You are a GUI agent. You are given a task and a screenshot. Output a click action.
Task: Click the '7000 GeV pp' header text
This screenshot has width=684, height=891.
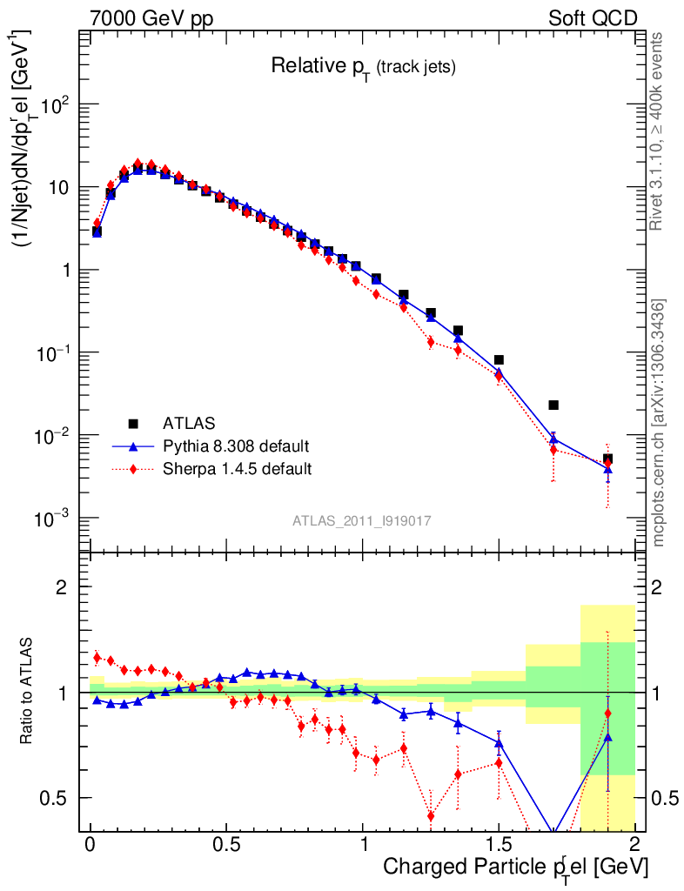pyautogui.click(x=151, y=18)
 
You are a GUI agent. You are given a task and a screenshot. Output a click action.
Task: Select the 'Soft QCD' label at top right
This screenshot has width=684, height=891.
pyautogui.click(x=593, y=18)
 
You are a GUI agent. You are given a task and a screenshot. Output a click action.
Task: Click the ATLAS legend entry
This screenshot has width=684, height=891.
pyautogui.click(x=188, y=424)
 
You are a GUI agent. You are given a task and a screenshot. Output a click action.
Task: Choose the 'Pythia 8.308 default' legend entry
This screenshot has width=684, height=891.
pyautogui.click(x=235, y=446)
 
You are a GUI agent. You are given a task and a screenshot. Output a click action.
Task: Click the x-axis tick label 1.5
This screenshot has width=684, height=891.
pyautogui.click(x=499, y=845)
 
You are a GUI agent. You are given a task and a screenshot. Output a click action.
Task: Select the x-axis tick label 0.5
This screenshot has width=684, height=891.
pyautogui.click(x=227, y=845)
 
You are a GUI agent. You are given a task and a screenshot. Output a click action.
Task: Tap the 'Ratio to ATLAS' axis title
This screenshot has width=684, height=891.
pyautogui.click(x=29, y=691)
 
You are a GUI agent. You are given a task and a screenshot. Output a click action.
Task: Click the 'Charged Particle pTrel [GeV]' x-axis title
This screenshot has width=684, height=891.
pyautogui.click(x=515, y=867)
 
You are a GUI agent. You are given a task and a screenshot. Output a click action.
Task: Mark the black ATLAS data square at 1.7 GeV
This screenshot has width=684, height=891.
pyautogui.click(x=553, y=405)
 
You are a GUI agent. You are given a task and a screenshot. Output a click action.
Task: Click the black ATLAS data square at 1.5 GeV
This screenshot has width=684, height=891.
pyautogui.click(x=499, y=359)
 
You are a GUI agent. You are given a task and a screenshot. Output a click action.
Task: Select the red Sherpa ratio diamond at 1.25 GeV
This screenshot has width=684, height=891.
pyautogui.click(x=431, y=815)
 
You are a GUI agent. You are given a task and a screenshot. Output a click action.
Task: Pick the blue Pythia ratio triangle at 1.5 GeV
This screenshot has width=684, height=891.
pyautogui.click(x=499, y=742)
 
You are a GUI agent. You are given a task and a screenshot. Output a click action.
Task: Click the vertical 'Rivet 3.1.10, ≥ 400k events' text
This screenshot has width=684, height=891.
pyautogui.click(x=658, y=131)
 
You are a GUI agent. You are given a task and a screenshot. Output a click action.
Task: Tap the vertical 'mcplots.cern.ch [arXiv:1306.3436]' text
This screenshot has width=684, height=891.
pyautogui.click(x=658, y=422)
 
